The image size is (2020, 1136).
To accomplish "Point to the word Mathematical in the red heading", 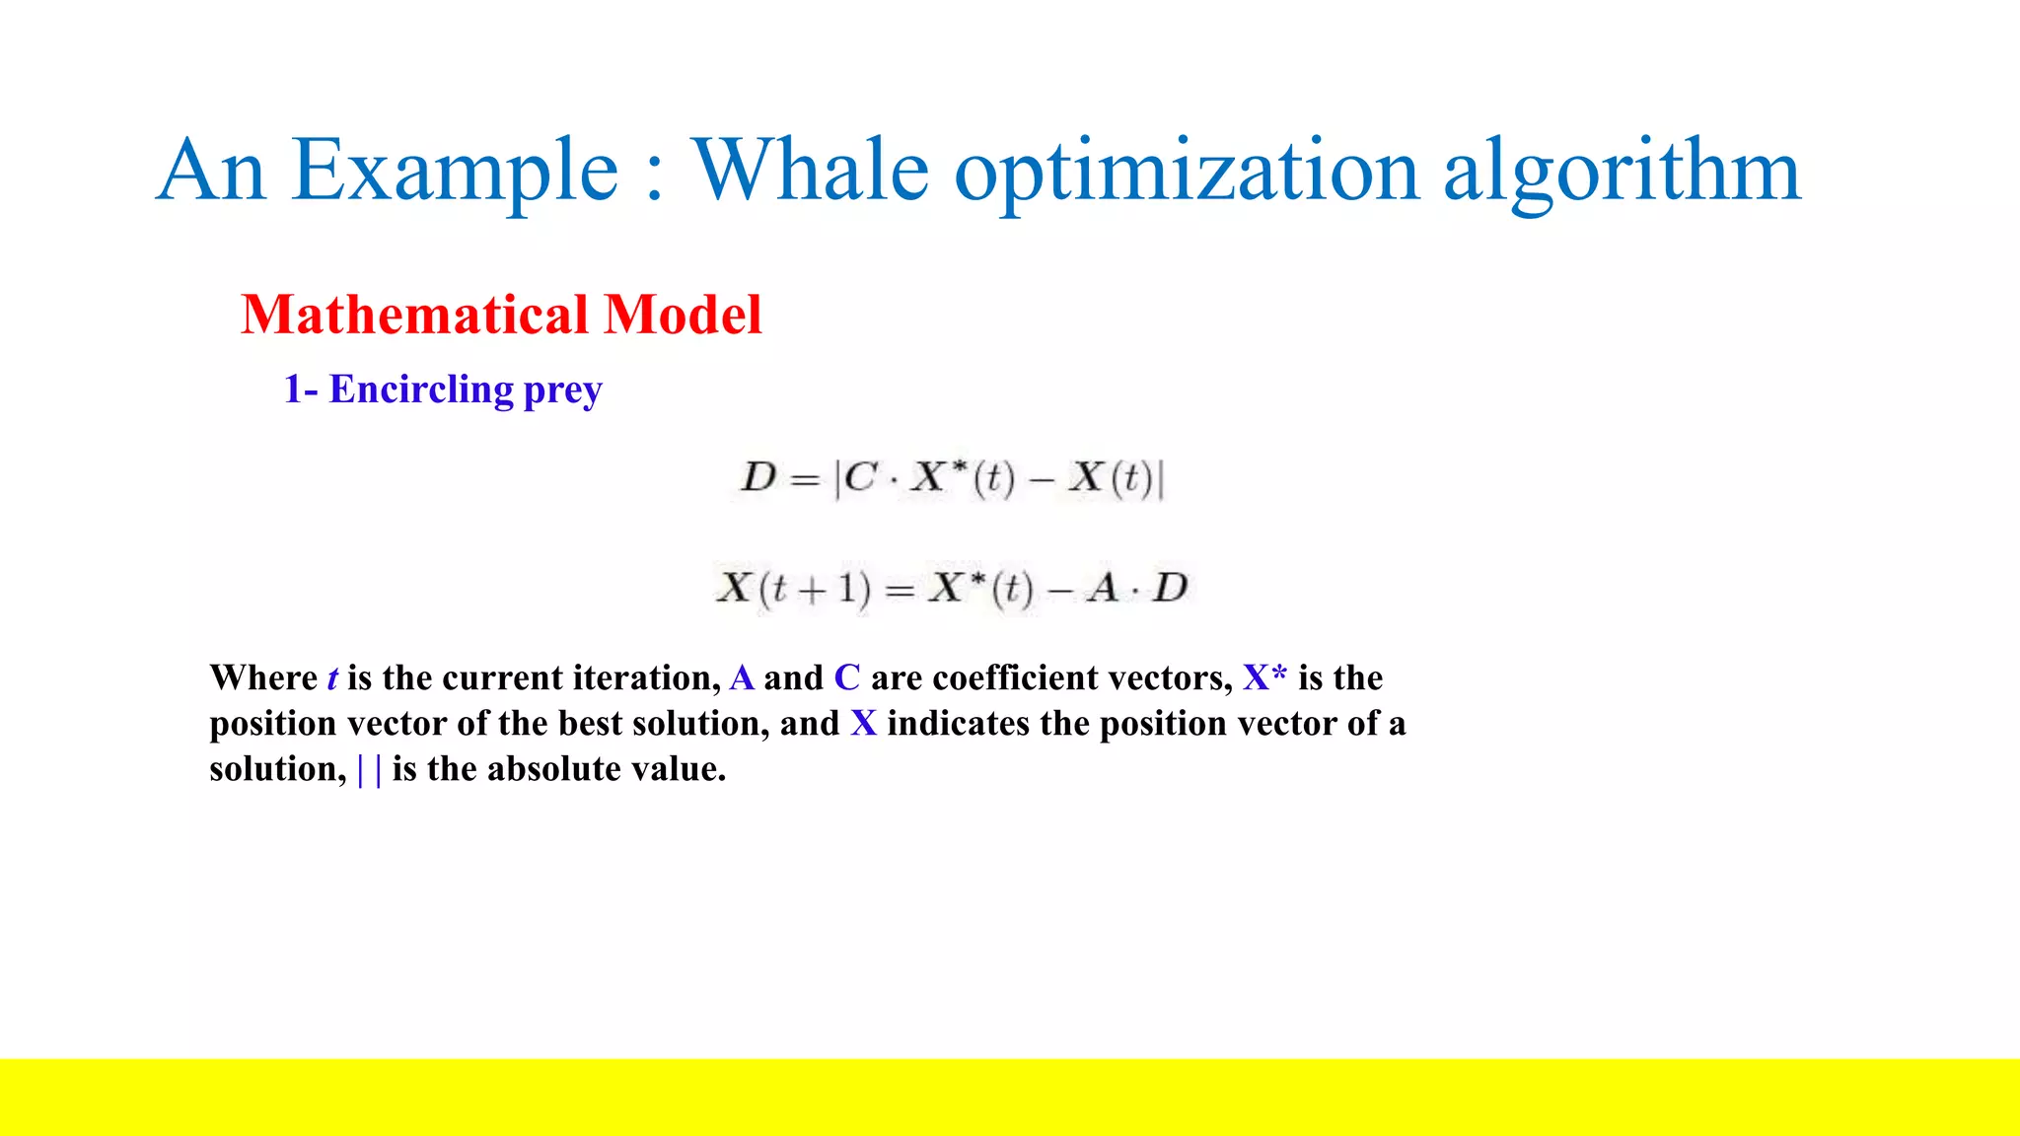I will tap(414, 315).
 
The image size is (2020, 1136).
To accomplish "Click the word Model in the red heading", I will tap(683, 315).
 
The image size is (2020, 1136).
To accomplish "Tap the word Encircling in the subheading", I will tap(421, 390).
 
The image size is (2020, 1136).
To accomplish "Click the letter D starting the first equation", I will tap(758, 478).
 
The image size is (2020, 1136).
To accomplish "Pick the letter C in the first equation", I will tap(860, 478).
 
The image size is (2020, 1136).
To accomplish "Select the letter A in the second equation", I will tap(1102, 589).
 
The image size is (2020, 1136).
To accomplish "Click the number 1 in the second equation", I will tap(845, 589).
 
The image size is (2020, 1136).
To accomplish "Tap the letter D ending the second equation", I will tap(1171, 589).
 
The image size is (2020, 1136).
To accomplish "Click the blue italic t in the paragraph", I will tap(332, 678).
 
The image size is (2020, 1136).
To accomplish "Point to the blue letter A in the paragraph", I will tap(742, 678).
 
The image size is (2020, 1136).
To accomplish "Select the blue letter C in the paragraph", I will tap(847, 678).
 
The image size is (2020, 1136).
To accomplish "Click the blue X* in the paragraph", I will tap(1264, 678).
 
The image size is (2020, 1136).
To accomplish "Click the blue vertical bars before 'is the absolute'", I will tap(370, 769).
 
